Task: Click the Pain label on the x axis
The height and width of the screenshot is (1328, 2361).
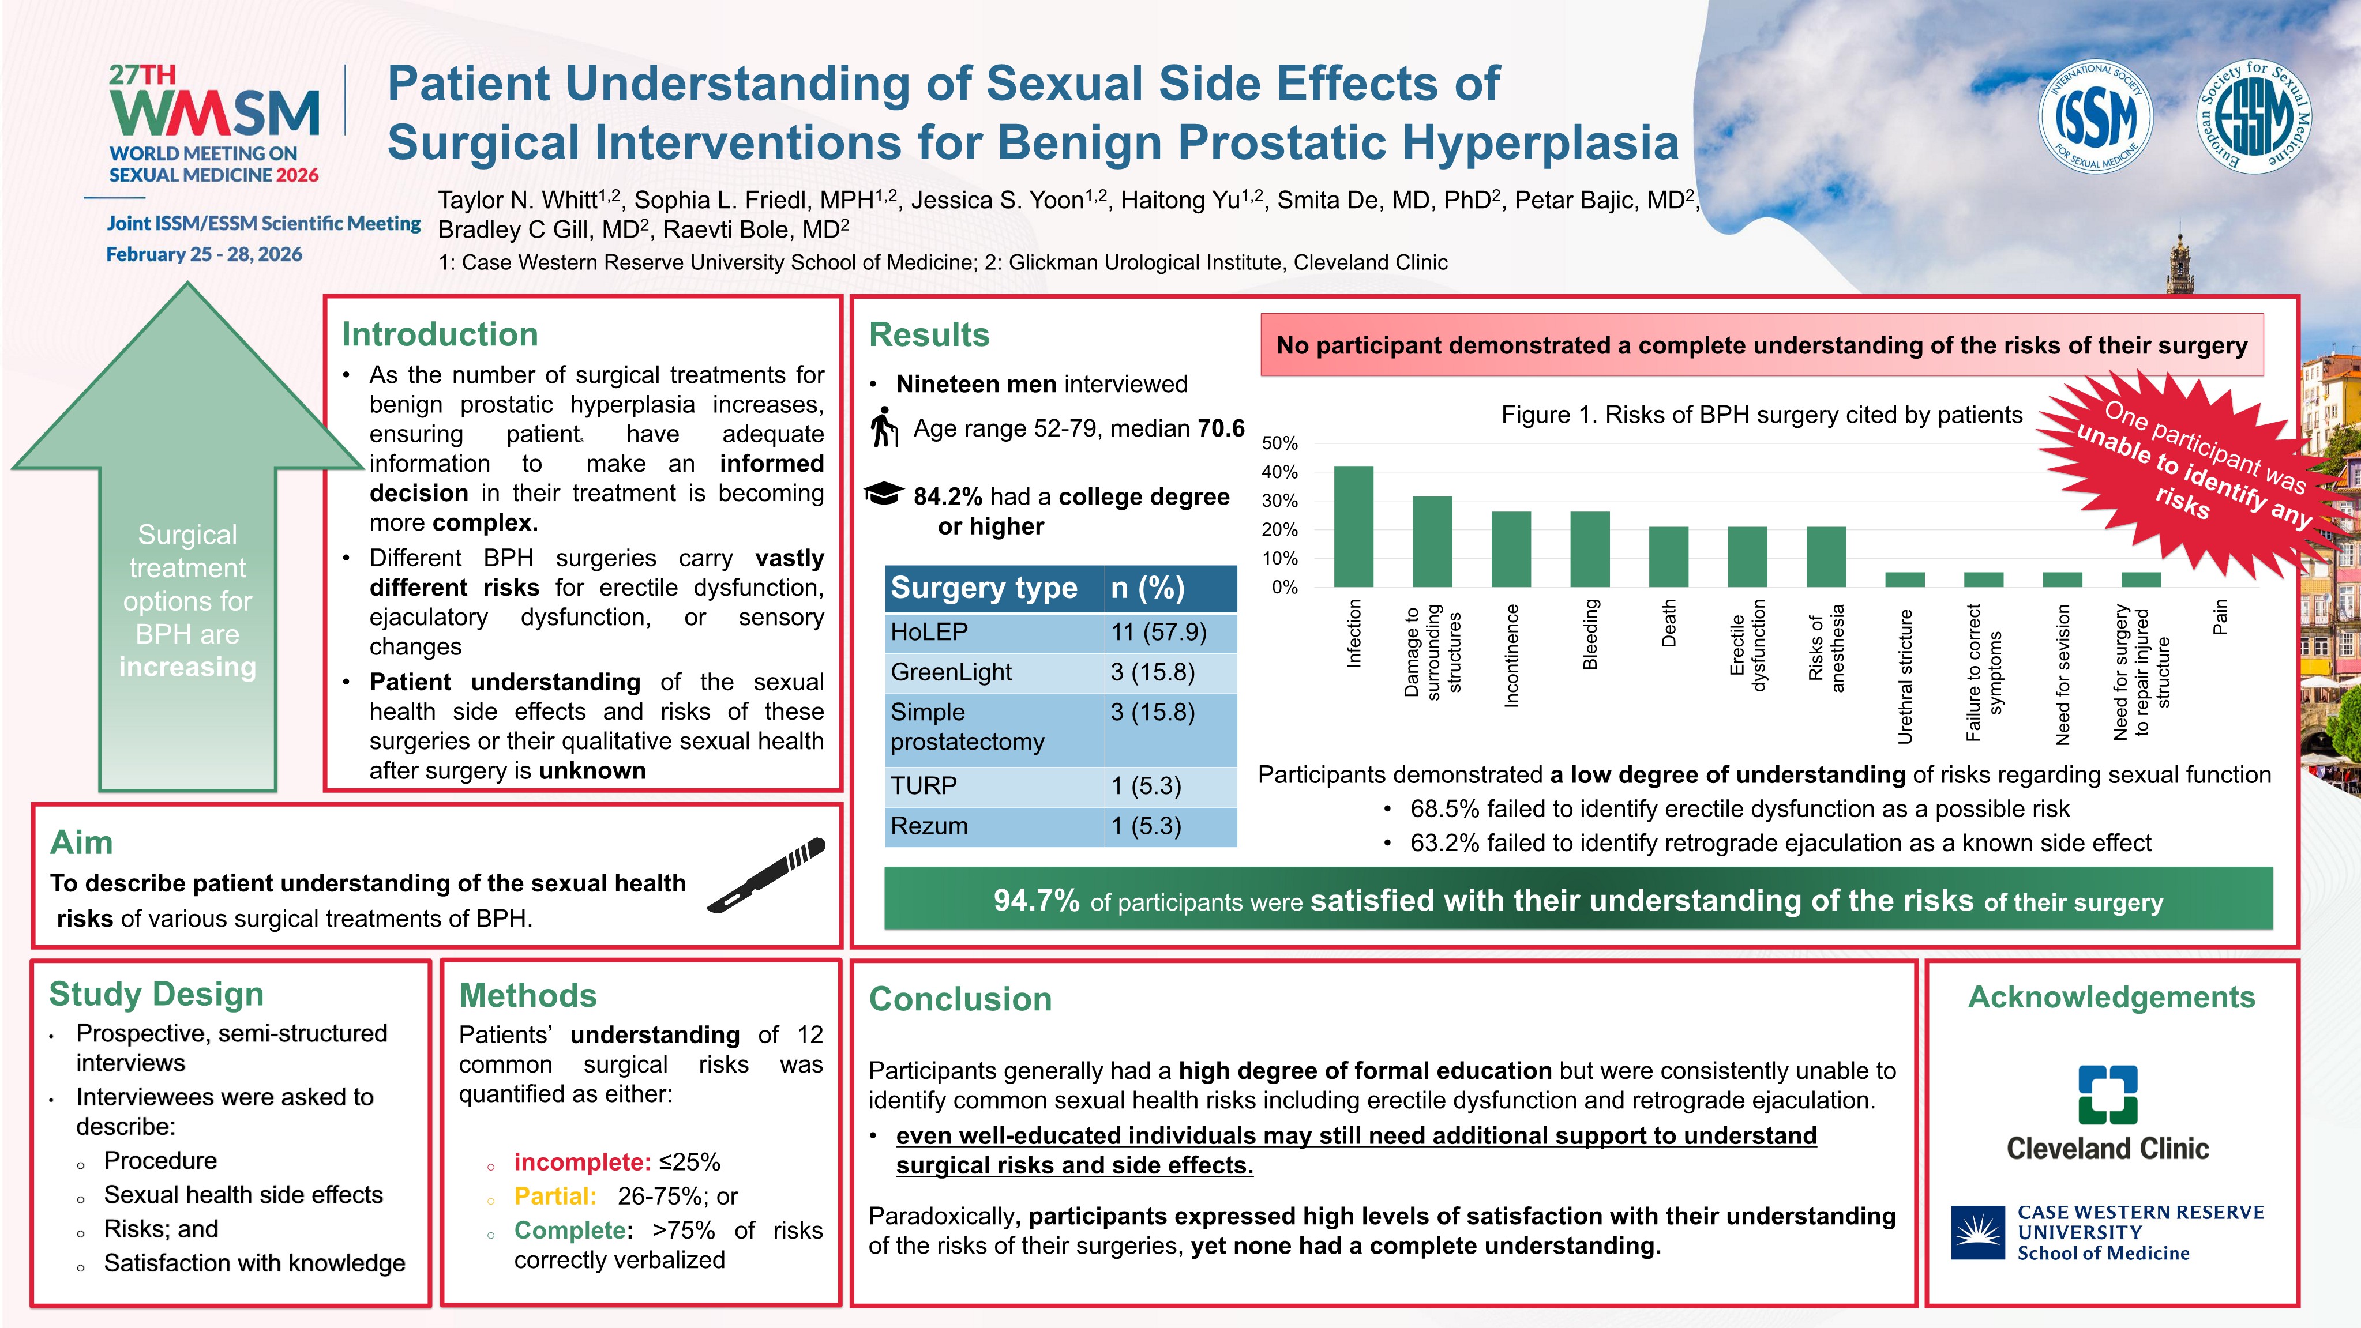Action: tap(2219, 617)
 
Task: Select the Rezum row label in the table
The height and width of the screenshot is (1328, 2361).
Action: tap(929, 826)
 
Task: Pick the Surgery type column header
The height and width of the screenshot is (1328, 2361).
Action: tap(984, 588)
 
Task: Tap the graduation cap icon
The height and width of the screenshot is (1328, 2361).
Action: tap(884, 493)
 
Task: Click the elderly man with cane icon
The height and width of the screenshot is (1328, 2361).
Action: tap(884, 427)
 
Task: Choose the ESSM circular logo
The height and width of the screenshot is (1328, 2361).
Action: tap(2255, 117)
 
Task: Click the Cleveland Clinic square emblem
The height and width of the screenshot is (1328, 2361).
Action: tap(2107, 1094)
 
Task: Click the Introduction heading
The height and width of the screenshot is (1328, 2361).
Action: tap(440, 334)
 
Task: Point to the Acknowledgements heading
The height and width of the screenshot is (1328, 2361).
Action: tap(2111, 996)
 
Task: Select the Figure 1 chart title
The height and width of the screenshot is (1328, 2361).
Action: tap(1761, 415)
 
